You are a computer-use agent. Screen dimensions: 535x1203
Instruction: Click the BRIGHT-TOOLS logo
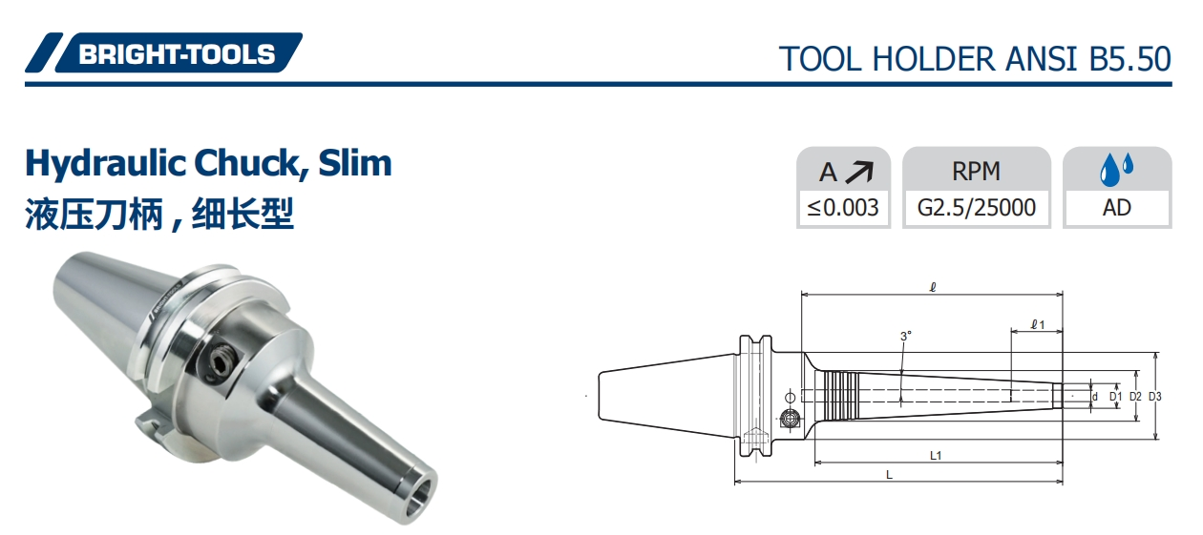(x=163, y=53)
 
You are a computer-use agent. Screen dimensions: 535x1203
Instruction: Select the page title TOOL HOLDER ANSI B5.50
(x=975, y=58)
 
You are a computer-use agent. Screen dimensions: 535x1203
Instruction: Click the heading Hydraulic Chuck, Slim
(x=208, y=163)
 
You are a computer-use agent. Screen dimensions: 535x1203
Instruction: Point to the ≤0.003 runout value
(x=843, y=208)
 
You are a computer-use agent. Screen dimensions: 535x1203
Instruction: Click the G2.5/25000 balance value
(x=976, y=208)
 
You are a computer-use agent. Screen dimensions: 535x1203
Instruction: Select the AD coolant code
(x=1116, y=208)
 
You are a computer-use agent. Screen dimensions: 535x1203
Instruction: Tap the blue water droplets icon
(x=1116, y=170)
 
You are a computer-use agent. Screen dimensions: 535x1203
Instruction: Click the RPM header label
(x=976, y=171)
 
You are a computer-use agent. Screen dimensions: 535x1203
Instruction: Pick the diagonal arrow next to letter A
(x=860, y=172)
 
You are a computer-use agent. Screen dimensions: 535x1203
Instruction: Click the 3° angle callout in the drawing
(x=905, y=336)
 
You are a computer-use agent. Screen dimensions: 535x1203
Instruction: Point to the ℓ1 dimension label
(x=1038, y=325)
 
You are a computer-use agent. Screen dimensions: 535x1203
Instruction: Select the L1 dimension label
(x=937, y=455)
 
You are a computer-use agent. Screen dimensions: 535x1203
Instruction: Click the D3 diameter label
(x=1155, y=396)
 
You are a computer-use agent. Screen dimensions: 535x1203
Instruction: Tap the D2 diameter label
(x=1135, y=396)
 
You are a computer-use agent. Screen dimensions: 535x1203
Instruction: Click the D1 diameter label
(x=1114, y=396)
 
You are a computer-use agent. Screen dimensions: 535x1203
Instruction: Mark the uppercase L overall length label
(x=889, y=474)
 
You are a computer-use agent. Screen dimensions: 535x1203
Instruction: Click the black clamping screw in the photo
(x=221, y=364)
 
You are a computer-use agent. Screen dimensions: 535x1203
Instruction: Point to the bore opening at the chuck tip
(x=417, y=498)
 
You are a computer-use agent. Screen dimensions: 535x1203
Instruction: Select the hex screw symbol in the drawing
(x=790, y=418)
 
